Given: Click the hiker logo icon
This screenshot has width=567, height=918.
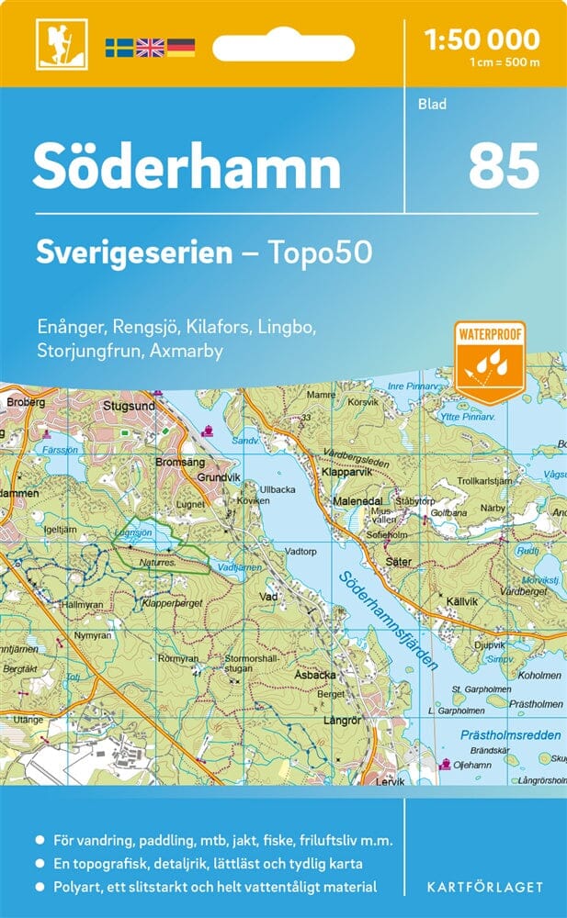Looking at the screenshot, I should coord(54,44).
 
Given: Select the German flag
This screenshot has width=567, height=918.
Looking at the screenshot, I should coord(180,47).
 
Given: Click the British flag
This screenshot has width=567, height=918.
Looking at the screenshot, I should coord(149,47).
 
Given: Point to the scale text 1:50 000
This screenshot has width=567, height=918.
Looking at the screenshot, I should coord(482,39).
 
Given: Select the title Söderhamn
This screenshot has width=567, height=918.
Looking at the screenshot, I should coord(187,167).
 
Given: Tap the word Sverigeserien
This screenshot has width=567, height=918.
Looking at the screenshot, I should coord(133,253).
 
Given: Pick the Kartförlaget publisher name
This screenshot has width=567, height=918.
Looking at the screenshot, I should coord(483,887).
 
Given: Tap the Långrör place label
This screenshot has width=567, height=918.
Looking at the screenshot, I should coord(343,719).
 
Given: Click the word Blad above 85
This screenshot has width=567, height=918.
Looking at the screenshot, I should coord(431,104).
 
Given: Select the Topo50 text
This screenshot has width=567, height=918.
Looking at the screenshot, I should coord(321,253).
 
